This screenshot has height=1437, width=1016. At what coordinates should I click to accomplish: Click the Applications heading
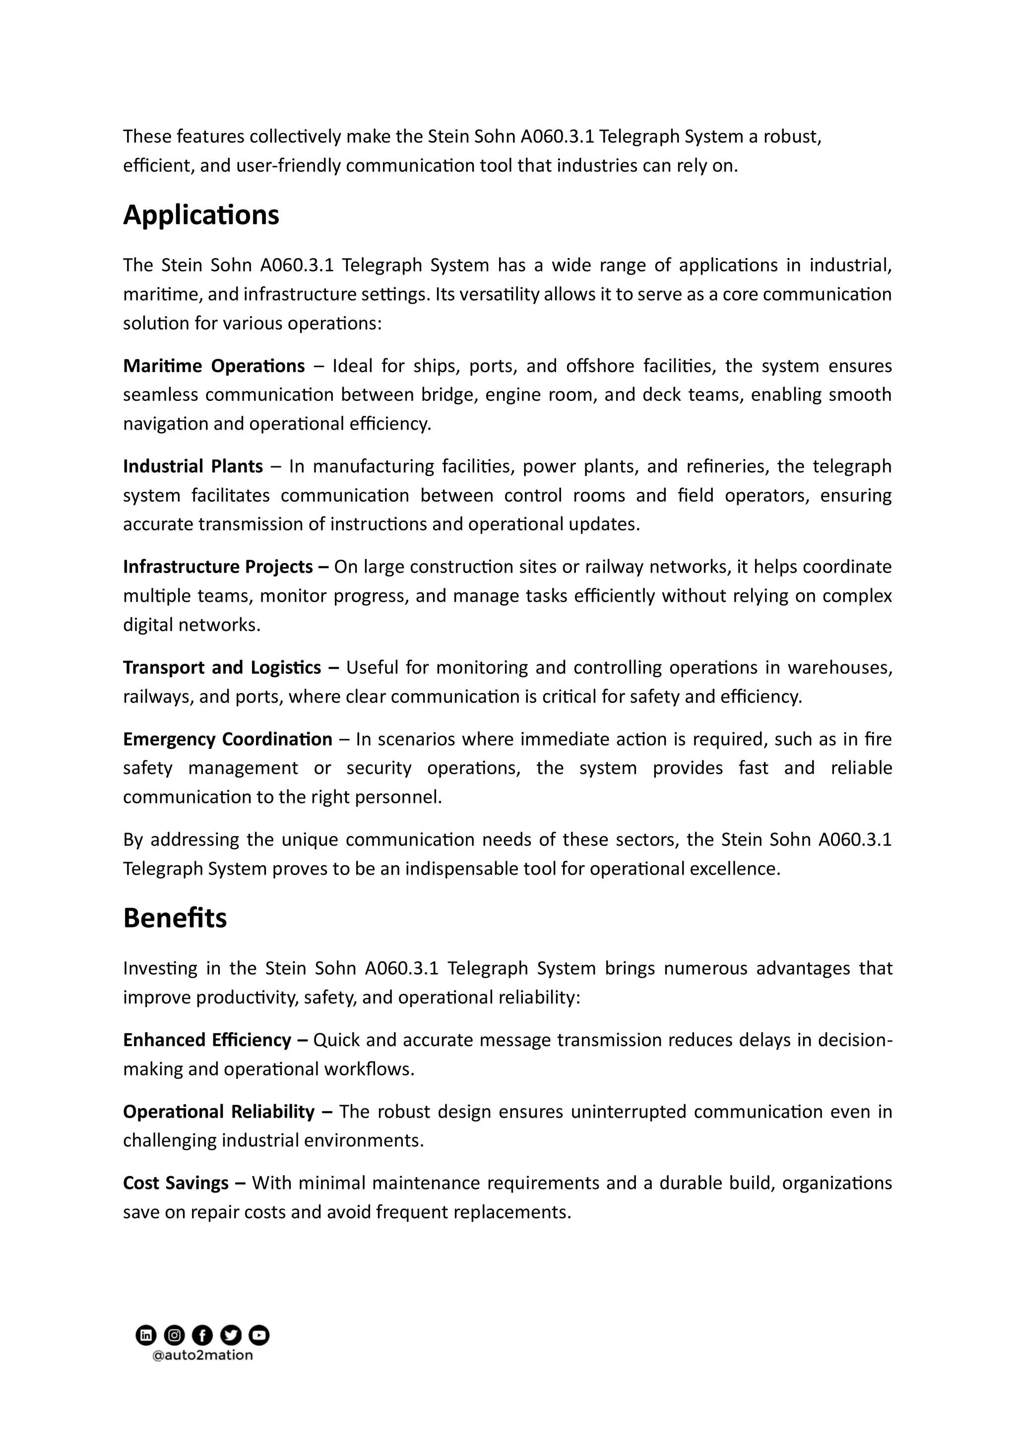point(201,215)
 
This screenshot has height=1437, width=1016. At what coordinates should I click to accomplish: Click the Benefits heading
point(175,918)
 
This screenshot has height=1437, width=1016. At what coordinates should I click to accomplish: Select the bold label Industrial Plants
point(193,466)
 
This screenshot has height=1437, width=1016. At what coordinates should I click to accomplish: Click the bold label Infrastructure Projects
point(218,566)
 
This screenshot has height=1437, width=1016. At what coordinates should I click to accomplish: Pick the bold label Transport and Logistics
point(222,667)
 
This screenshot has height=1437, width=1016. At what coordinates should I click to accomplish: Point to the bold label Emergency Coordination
point(227,739)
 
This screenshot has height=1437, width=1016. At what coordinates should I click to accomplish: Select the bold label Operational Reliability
point(218,1112)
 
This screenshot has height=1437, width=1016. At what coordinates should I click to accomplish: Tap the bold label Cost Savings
point(176,1183)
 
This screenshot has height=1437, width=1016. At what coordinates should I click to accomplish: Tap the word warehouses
point(839,667)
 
